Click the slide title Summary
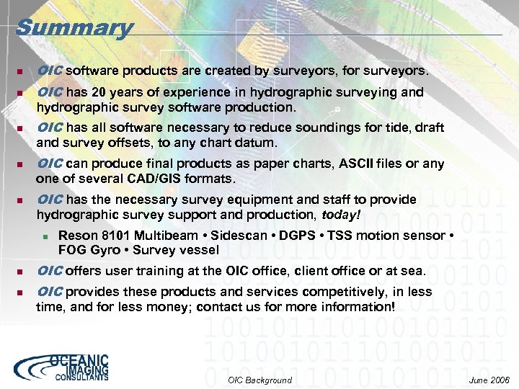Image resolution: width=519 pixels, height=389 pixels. [74, 28]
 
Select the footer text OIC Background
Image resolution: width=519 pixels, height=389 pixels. [259, 380]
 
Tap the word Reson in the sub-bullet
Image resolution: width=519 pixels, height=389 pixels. [75, 236]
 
